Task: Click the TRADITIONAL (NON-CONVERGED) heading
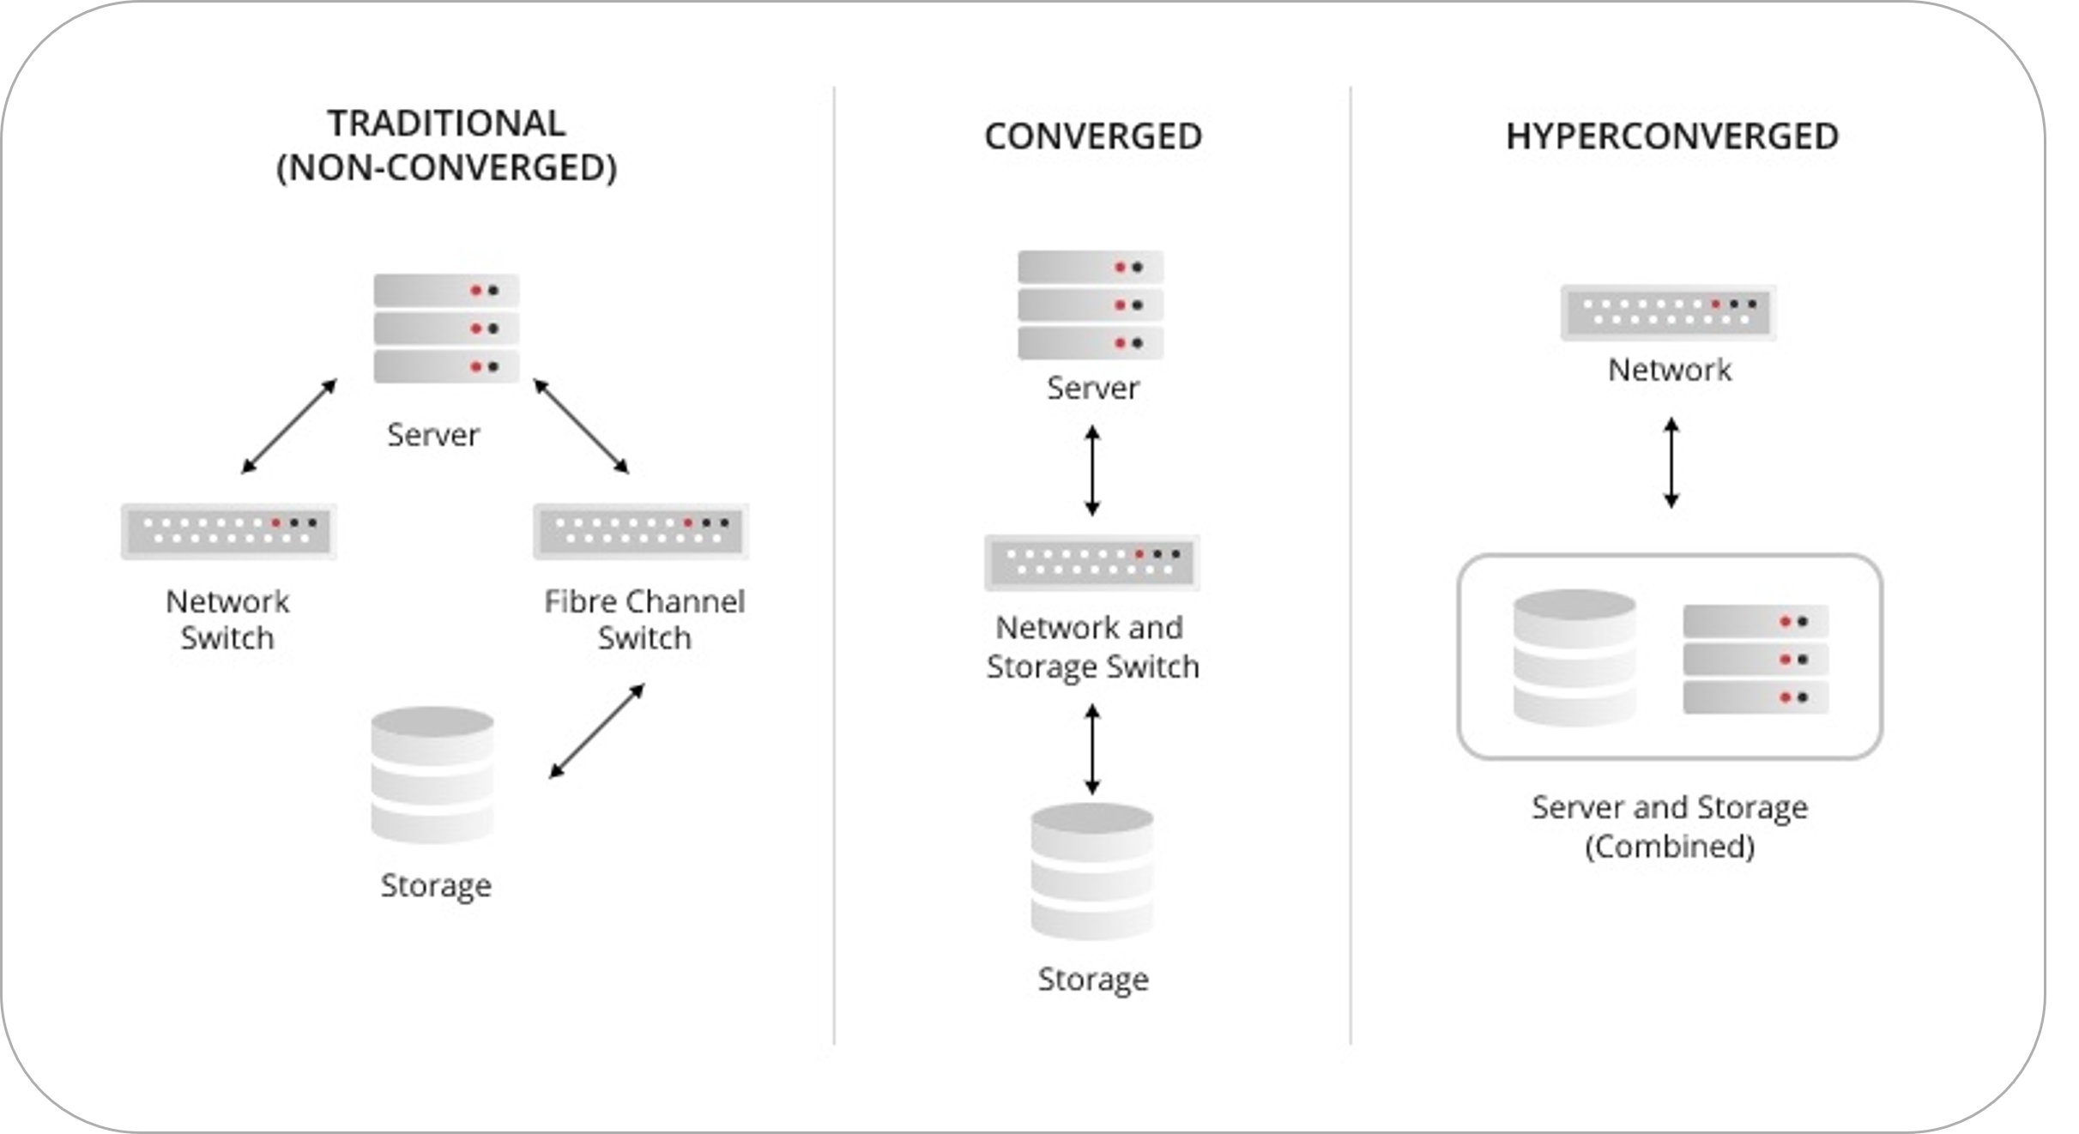(446, 146)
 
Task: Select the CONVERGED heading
(1092, 136)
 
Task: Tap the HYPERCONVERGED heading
(1671, 136)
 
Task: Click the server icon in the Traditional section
(446, 329)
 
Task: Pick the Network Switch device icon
(228, 531)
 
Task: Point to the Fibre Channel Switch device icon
(641, 531)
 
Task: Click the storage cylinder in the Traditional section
(432, 775)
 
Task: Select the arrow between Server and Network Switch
(289, 426)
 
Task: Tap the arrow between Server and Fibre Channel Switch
(581, 426)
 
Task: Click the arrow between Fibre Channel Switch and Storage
(597, 731)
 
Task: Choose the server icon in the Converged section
(1091, 305)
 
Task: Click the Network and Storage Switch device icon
(1091, 563)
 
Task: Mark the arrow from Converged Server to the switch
(1091, 470)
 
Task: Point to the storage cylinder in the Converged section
(1091, 871)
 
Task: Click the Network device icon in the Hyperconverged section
(1668, 313)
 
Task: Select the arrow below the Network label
(1671, 462)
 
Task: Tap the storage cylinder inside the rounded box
(1574, 657)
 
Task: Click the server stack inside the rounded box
(1756, 659)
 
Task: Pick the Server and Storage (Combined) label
(1670, 827)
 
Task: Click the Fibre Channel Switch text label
(644, 619)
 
